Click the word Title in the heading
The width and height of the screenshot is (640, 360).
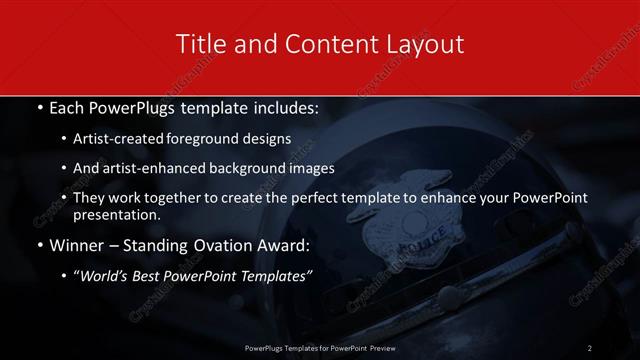tap(198, 44)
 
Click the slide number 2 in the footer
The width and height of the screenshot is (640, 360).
tap(590, 347)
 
